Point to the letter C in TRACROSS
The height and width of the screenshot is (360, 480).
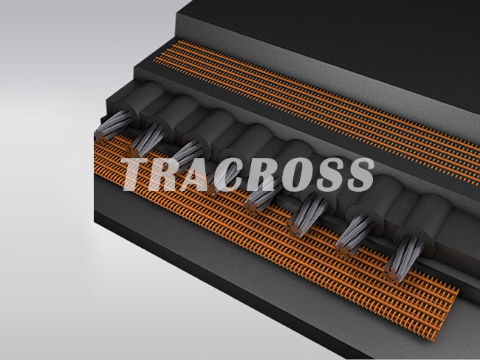click(x=230, y=175)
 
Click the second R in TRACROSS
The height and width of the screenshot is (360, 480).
click(x=264, y=175)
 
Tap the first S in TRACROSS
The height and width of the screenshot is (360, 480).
click(x=330, y=175)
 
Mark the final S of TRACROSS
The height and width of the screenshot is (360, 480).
click(x=360, y=175)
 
